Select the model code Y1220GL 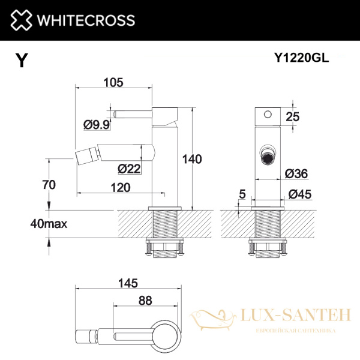301,58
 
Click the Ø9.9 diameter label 96,125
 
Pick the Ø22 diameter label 129,169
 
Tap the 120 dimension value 121,187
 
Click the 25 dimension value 292,117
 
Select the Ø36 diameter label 296,173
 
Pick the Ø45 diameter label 299,194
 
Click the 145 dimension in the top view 129,283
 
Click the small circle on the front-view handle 268,114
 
